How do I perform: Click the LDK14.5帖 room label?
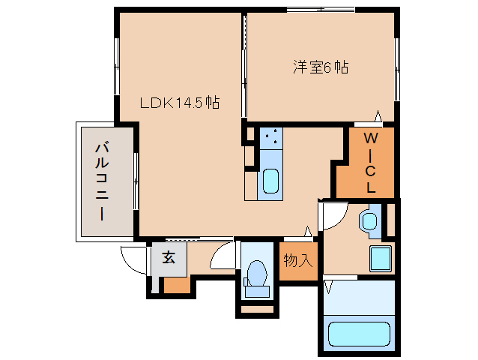180,103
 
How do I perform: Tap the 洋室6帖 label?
320,67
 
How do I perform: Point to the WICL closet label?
371,162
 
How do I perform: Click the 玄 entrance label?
169,258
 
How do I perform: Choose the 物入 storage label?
297,261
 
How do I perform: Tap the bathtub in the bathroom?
358,332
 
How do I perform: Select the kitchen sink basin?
270,181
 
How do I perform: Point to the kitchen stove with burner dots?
270,138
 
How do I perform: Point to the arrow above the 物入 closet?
308,232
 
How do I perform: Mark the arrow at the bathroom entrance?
327,286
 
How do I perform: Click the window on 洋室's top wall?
321,10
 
